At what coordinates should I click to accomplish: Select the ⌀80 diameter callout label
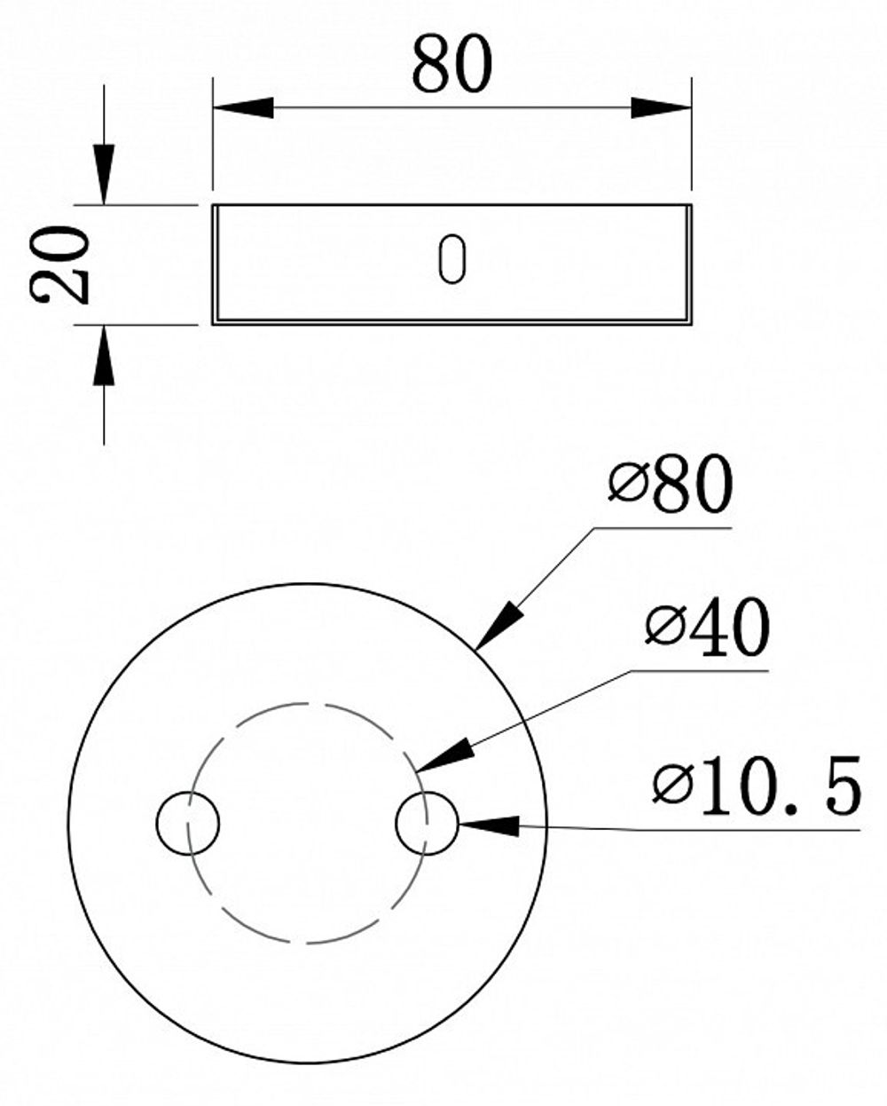click(671, 486)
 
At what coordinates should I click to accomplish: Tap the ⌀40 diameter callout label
click(707, 629)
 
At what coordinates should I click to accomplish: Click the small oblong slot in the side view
click(451, 260)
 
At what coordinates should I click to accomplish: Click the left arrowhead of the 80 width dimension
click(243, 108)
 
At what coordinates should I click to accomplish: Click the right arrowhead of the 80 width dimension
click(660, 108)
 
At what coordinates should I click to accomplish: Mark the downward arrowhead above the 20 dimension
click(104, 173)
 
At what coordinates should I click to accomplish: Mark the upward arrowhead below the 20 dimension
click(104, 357)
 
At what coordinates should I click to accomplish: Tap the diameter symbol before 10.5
click(671, 786)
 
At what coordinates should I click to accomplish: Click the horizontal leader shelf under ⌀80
click(661, 528)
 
